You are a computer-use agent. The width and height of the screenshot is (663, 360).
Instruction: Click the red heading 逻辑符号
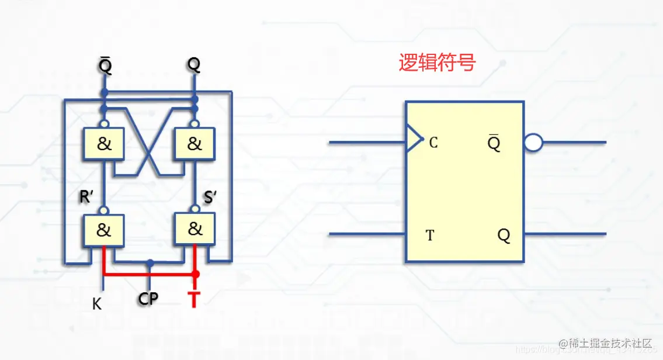(x=437, y=63)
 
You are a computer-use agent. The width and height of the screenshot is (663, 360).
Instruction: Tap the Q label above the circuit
(x=195, y=65)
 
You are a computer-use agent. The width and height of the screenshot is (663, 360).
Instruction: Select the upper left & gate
(x=104, y=144)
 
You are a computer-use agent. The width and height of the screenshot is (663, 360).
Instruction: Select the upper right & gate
(x=194, y=144)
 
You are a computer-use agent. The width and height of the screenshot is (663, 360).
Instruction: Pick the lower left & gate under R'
(x=103, y=230)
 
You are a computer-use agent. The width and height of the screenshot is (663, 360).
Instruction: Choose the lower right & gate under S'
(x=195, y=229)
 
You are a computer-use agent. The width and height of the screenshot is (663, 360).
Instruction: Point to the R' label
(x=87, y=198)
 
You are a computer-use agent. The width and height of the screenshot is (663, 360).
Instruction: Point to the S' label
(x=210, y=198)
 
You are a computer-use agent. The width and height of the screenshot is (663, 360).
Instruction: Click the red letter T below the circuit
(x=195, y=300)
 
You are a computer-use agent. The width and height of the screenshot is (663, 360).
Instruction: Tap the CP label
(x=148, y=299)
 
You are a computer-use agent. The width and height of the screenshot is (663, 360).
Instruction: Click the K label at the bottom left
(x=97, y=304)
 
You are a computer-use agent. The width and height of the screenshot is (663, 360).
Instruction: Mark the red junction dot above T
(x=196, y=274)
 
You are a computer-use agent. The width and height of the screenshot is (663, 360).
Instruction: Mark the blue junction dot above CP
(x=151, y=263)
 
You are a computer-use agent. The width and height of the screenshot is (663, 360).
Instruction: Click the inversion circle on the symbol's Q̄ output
(x=533, y=143)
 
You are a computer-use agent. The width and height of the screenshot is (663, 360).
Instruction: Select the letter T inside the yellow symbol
(x=430, y=236)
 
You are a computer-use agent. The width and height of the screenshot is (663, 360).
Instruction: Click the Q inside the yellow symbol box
(x=504, y=236)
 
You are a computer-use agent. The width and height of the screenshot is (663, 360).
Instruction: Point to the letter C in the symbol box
(x=433, y=142)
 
